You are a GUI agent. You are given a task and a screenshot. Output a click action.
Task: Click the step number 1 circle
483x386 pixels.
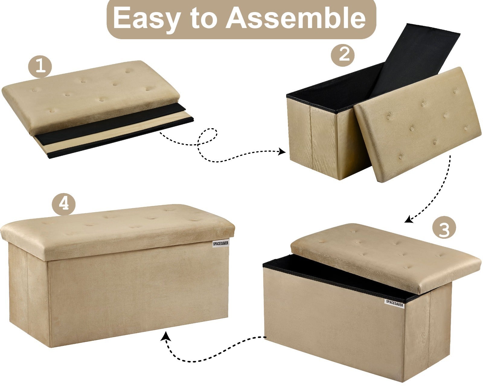[x=40, y=67]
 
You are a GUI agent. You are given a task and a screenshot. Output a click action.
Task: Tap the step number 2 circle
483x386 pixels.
[x=343, y=55]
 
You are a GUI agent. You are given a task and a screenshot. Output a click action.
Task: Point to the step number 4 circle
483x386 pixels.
[x=64, y=204]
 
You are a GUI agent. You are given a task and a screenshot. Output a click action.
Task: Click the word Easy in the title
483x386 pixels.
[x=146, y=18]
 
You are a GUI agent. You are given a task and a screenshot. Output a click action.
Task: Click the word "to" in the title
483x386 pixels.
[x=203, y=18]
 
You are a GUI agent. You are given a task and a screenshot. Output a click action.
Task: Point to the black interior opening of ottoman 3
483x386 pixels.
[x=337, y=278]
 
